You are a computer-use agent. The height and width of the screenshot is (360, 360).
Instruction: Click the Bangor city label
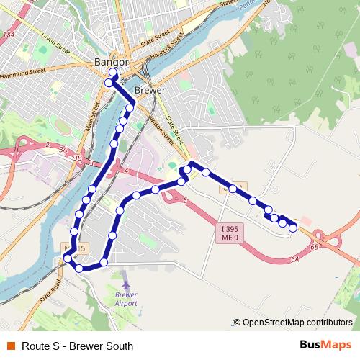tap(112, 63)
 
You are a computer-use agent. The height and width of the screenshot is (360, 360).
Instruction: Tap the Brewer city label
tap(150, 91)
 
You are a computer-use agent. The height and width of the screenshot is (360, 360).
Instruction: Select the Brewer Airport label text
tap(126, 299)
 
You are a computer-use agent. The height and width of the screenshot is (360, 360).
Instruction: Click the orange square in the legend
tap(10, 346)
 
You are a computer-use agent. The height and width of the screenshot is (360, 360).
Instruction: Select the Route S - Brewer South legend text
tap(78, 346)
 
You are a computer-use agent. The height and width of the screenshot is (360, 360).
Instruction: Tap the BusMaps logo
tap(325, 345)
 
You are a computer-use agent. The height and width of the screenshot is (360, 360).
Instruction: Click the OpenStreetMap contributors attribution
tap(297, 322)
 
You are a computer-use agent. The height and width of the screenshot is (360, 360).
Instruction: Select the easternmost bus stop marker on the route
tap(293, 228)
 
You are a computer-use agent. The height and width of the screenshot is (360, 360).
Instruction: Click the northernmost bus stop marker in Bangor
tap(113, 73)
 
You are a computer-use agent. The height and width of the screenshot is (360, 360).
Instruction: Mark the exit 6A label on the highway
tap(294, 259)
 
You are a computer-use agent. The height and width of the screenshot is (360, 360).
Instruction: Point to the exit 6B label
tap(315, 246)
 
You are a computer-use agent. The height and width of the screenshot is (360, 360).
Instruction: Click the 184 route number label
tap(8, 34)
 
